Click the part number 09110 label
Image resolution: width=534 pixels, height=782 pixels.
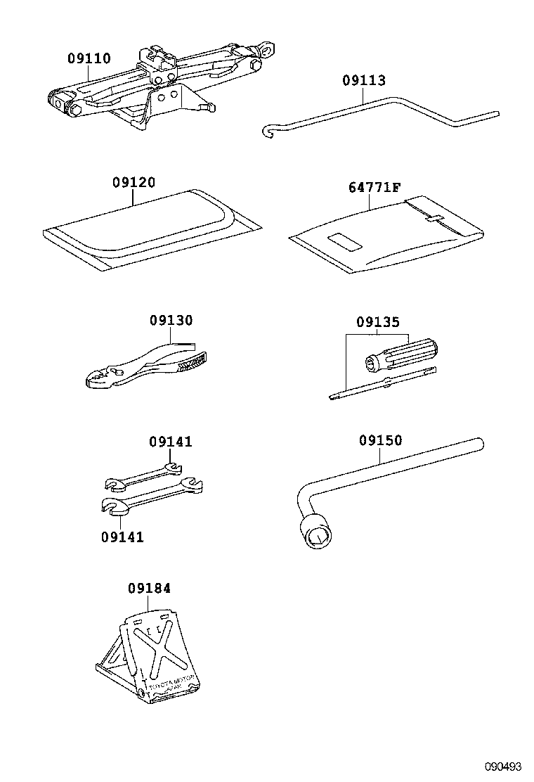coord(89,59)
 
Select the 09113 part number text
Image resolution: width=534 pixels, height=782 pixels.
coord(364,81)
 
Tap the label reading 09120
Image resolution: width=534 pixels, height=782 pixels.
coord(133,183)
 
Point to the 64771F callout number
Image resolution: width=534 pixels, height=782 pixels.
coord(375,187)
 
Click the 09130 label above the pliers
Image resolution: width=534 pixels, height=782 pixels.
coord(171,320)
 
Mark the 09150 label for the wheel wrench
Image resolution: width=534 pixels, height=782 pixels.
coord(380,441)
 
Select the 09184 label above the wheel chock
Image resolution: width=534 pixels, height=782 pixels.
coord(149,588)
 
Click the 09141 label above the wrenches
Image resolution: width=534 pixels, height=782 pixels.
coord(171,442)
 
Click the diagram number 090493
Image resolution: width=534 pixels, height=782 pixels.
coord(503,766)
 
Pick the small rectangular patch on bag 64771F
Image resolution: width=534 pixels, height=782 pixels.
coord(344,243)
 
